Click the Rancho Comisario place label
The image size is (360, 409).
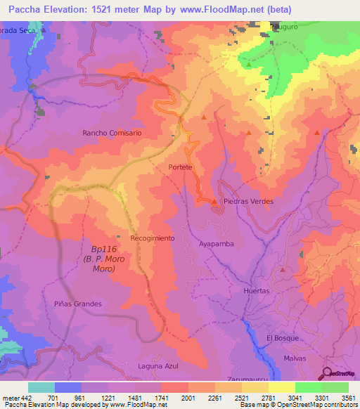coord(112,132)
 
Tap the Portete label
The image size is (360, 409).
coord(181,167)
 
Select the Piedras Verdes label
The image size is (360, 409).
coord(247,201)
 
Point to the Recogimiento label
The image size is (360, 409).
coord(152,238)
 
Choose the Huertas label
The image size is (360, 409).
coord(256,290)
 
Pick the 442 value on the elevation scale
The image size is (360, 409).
coord(21,397)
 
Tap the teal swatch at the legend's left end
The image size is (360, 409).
coord(41,387)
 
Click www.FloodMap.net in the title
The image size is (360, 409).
coord(227,10)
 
